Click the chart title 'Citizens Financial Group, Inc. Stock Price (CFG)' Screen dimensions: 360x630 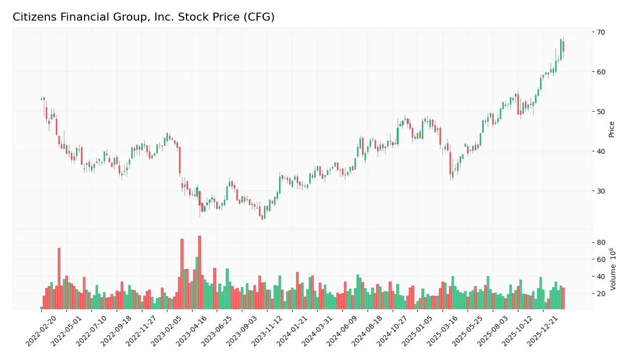[143, 17]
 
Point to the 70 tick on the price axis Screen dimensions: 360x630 [601, 32]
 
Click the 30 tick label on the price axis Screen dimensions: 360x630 [601, 191]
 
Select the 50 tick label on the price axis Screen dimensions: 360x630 [601, 112]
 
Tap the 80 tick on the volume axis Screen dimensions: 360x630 [601, 242]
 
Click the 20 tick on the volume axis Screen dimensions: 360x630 [601, 293]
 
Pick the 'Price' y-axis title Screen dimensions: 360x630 [612, 129]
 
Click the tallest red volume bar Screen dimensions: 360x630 [200, 273]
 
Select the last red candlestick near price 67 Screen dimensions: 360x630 [564, 46]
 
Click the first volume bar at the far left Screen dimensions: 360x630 [42, 308]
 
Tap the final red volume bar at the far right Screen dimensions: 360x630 [564, 299]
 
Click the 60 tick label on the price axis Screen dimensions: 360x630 [601, 72]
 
